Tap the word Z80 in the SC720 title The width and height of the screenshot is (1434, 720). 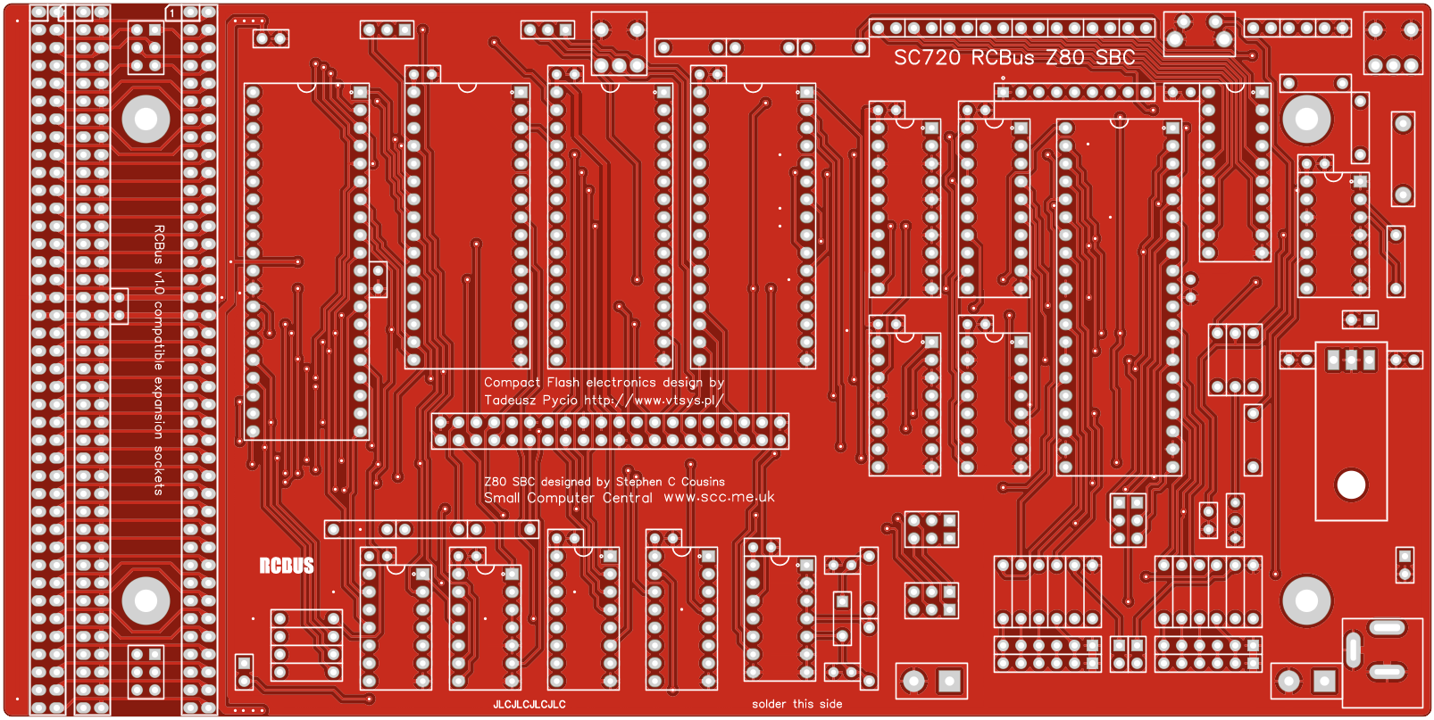click(1065, 58)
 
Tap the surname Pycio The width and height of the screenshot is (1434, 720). click(560, 401)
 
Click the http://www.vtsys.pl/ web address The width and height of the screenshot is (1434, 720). click(653, 401)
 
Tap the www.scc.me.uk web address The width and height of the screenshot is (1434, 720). click(719, 497)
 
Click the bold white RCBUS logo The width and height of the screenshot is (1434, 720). click(287, 566)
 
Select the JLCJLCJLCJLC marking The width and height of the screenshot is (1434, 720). click(529, 705)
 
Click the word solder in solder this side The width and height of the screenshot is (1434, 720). click(769, 704)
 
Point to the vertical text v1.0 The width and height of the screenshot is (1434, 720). click(159, 284)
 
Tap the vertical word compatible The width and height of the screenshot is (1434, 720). click(159, 336)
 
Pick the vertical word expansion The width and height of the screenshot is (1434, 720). click(159, 407)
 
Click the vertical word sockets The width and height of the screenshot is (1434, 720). click(159, 470)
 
